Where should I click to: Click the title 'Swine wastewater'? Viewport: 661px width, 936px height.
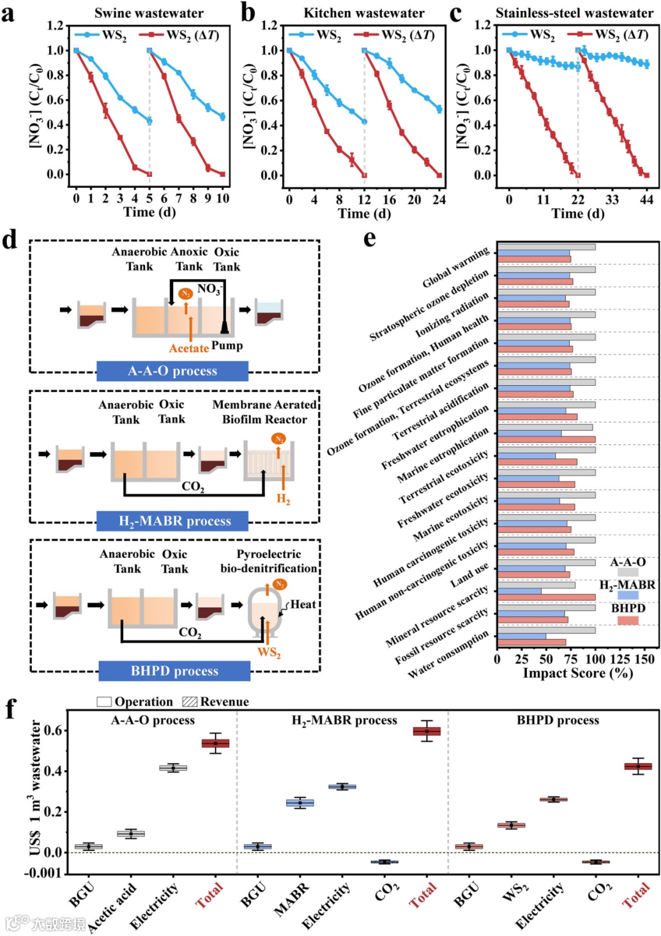pos(149,13)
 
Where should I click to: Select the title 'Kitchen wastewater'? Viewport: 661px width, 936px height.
pos(364,13)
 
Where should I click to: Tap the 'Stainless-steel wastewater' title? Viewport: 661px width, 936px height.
pos(574,13)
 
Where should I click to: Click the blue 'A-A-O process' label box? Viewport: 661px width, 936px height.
pos(172,371)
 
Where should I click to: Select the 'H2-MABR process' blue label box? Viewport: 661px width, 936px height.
pos(174,521)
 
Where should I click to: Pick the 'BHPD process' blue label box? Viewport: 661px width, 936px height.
pos(174,671)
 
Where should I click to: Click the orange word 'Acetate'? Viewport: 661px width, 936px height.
pos(189,348)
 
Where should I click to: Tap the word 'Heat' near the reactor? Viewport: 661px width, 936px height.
pos(303,605)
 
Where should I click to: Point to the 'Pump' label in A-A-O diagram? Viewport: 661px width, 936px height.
pos(227,346)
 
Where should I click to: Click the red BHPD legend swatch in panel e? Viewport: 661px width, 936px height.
pos(628,620)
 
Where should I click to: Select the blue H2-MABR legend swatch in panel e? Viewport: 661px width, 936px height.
pos(628,595)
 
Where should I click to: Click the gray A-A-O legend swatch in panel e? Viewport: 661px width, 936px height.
pos(628,572)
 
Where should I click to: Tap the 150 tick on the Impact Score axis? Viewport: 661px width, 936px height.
pos(644,659)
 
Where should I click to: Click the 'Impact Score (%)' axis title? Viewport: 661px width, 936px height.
pos(578,673)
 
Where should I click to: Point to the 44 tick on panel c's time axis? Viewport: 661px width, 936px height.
pos(646,200)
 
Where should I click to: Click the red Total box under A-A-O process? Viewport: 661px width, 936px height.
pos(215,743)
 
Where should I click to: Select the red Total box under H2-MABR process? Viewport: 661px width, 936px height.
pos(427,731)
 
